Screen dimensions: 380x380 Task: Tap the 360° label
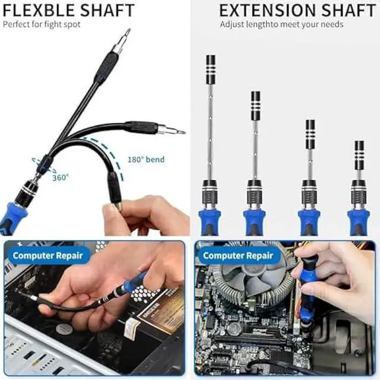(59, 177)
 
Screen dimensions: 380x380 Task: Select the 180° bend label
(146, 160)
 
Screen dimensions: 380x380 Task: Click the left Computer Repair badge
(49, 256)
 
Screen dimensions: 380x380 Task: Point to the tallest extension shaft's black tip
(210, 69)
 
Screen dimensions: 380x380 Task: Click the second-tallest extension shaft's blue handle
(255, 220)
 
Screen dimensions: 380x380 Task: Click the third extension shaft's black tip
(310, 134)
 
